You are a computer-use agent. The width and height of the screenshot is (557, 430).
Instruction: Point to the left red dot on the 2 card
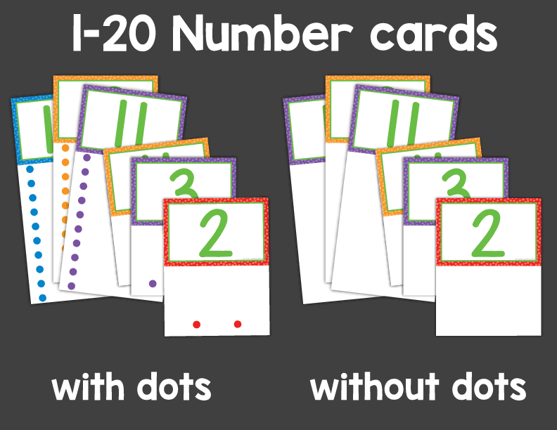pyautogui.click(x=197, y=324)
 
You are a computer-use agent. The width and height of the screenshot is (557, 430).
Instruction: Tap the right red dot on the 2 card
pyautogui.click(x=238, y=324)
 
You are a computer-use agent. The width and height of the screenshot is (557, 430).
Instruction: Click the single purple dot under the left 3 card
pyautogui.click(x=153, y=284)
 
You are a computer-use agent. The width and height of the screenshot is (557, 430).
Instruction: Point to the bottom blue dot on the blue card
pyautogui.click(x=43, y=298)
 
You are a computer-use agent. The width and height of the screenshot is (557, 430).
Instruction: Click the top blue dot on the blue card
pyautogui.click(x=28, y=169)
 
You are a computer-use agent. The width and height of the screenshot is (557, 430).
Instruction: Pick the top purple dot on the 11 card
pyautogui.click(x=87, y=158)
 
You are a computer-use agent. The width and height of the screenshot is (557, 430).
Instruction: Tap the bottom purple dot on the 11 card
pyautogui.click(x=71, y=285)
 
